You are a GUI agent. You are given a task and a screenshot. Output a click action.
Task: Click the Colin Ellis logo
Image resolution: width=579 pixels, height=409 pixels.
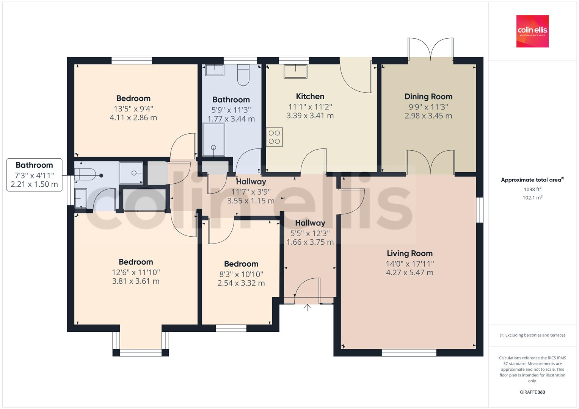(532, 31)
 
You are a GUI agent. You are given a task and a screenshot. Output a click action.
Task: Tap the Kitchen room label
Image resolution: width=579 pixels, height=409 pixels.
(310, 97)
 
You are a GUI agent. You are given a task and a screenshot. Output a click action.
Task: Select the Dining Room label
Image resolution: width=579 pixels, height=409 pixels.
(428, 97)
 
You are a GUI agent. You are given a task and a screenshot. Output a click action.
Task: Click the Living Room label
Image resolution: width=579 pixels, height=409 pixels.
(410, 253)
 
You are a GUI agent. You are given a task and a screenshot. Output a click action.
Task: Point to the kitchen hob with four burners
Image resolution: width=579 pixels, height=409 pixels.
(274, 137)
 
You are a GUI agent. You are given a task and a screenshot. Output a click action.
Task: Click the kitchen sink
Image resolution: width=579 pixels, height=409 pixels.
(295, 71)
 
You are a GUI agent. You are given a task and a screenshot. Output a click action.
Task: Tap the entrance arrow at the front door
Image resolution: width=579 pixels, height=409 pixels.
(307, 307)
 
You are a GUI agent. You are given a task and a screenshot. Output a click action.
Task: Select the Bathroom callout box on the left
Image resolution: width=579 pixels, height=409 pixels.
(34, 175)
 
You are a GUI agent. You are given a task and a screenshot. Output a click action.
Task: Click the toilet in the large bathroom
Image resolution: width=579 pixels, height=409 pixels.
(243, 75)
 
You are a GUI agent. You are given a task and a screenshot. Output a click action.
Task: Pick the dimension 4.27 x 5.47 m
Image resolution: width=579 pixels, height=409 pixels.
(410, 273)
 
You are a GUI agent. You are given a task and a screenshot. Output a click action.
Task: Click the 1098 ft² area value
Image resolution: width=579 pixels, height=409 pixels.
(532, 189)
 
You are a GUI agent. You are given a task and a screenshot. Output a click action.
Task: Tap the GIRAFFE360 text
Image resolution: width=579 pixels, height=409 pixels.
(532, 392)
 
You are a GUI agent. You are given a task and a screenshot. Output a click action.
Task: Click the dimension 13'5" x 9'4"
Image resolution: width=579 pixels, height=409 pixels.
(133, 109)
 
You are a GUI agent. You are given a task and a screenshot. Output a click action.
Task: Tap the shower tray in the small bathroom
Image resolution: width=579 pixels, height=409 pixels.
(131, 173)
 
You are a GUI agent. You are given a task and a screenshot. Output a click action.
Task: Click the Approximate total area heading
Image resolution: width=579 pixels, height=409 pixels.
(532, 180)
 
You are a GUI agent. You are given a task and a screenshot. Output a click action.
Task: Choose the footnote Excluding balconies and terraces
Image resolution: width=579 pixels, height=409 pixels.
(532, 335)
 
